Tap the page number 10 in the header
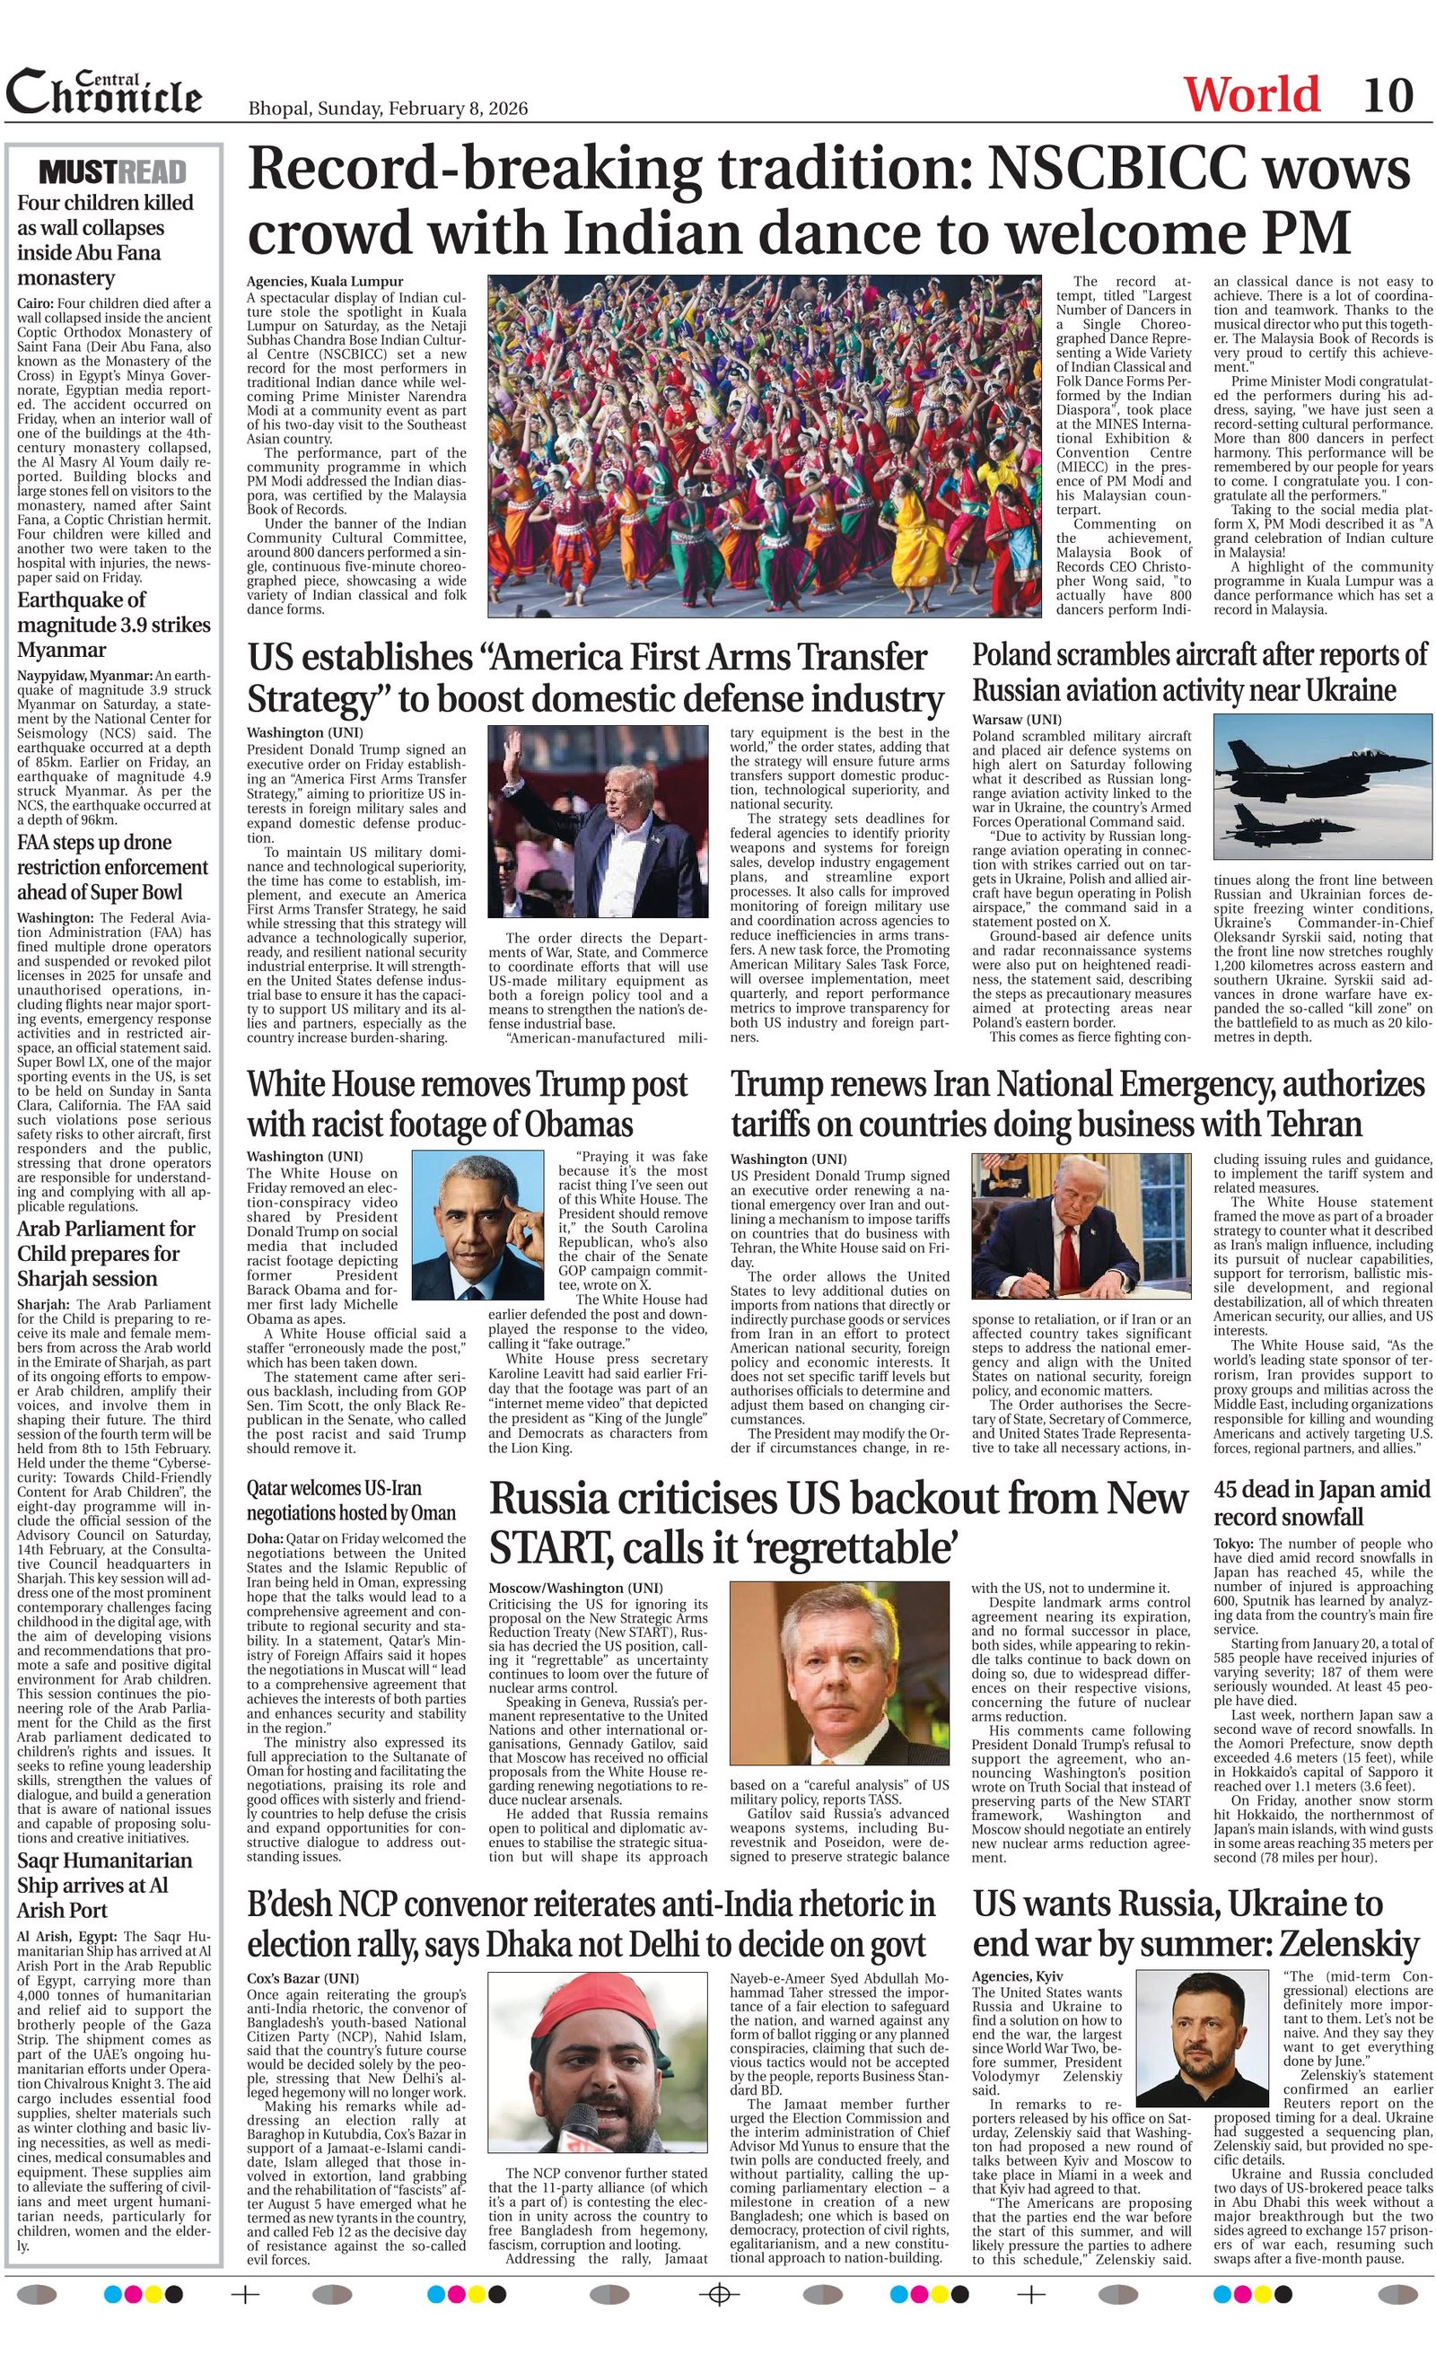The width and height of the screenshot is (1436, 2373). click(x=1388, y=95)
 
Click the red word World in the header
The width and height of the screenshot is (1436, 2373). click(x=1251, y=95)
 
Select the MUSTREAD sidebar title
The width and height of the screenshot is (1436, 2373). click(x=113, y=171)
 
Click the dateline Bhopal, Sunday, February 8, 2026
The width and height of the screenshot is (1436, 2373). click(x=388, y=108)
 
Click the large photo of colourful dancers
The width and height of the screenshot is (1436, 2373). click(x=764, y=446)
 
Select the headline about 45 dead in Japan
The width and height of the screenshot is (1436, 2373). click(x=1322, y=1502)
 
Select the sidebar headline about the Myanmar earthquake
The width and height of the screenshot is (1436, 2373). click(x=114, y=624)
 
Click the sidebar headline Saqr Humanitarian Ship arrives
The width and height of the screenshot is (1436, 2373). click(x=104, y=1885)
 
